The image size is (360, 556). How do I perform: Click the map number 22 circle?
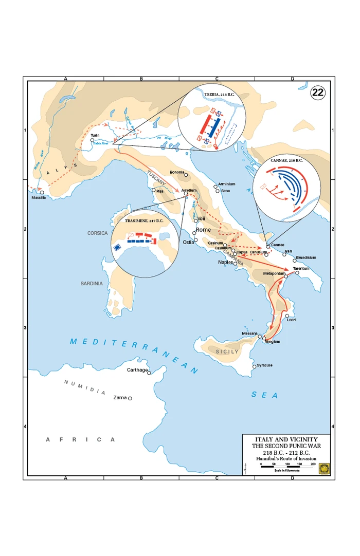click(x=317, y=92)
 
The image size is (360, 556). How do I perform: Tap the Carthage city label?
click(x=137, y=370)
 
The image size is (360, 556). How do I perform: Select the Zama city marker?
click(x=130, y=398)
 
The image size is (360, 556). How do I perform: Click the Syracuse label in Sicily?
click(x=265, y=365)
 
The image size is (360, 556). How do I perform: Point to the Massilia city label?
click(x=38, y=198)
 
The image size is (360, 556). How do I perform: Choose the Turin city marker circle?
click(x=92, y=140)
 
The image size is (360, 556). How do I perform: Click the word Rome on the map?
click(x=203, y=230)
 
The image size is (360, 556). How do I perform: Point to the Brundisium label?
click(x=306, y=257)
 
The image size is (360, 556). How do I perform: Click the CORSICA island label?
click(x=97, y=233)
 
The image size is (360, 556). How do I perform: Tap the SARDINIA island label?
click(x=92, y=283)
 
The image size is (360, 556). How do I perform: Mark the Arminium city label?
click(x=226, y=184)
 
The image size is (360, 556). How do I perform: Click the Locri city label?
click(x=291, y=320)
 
